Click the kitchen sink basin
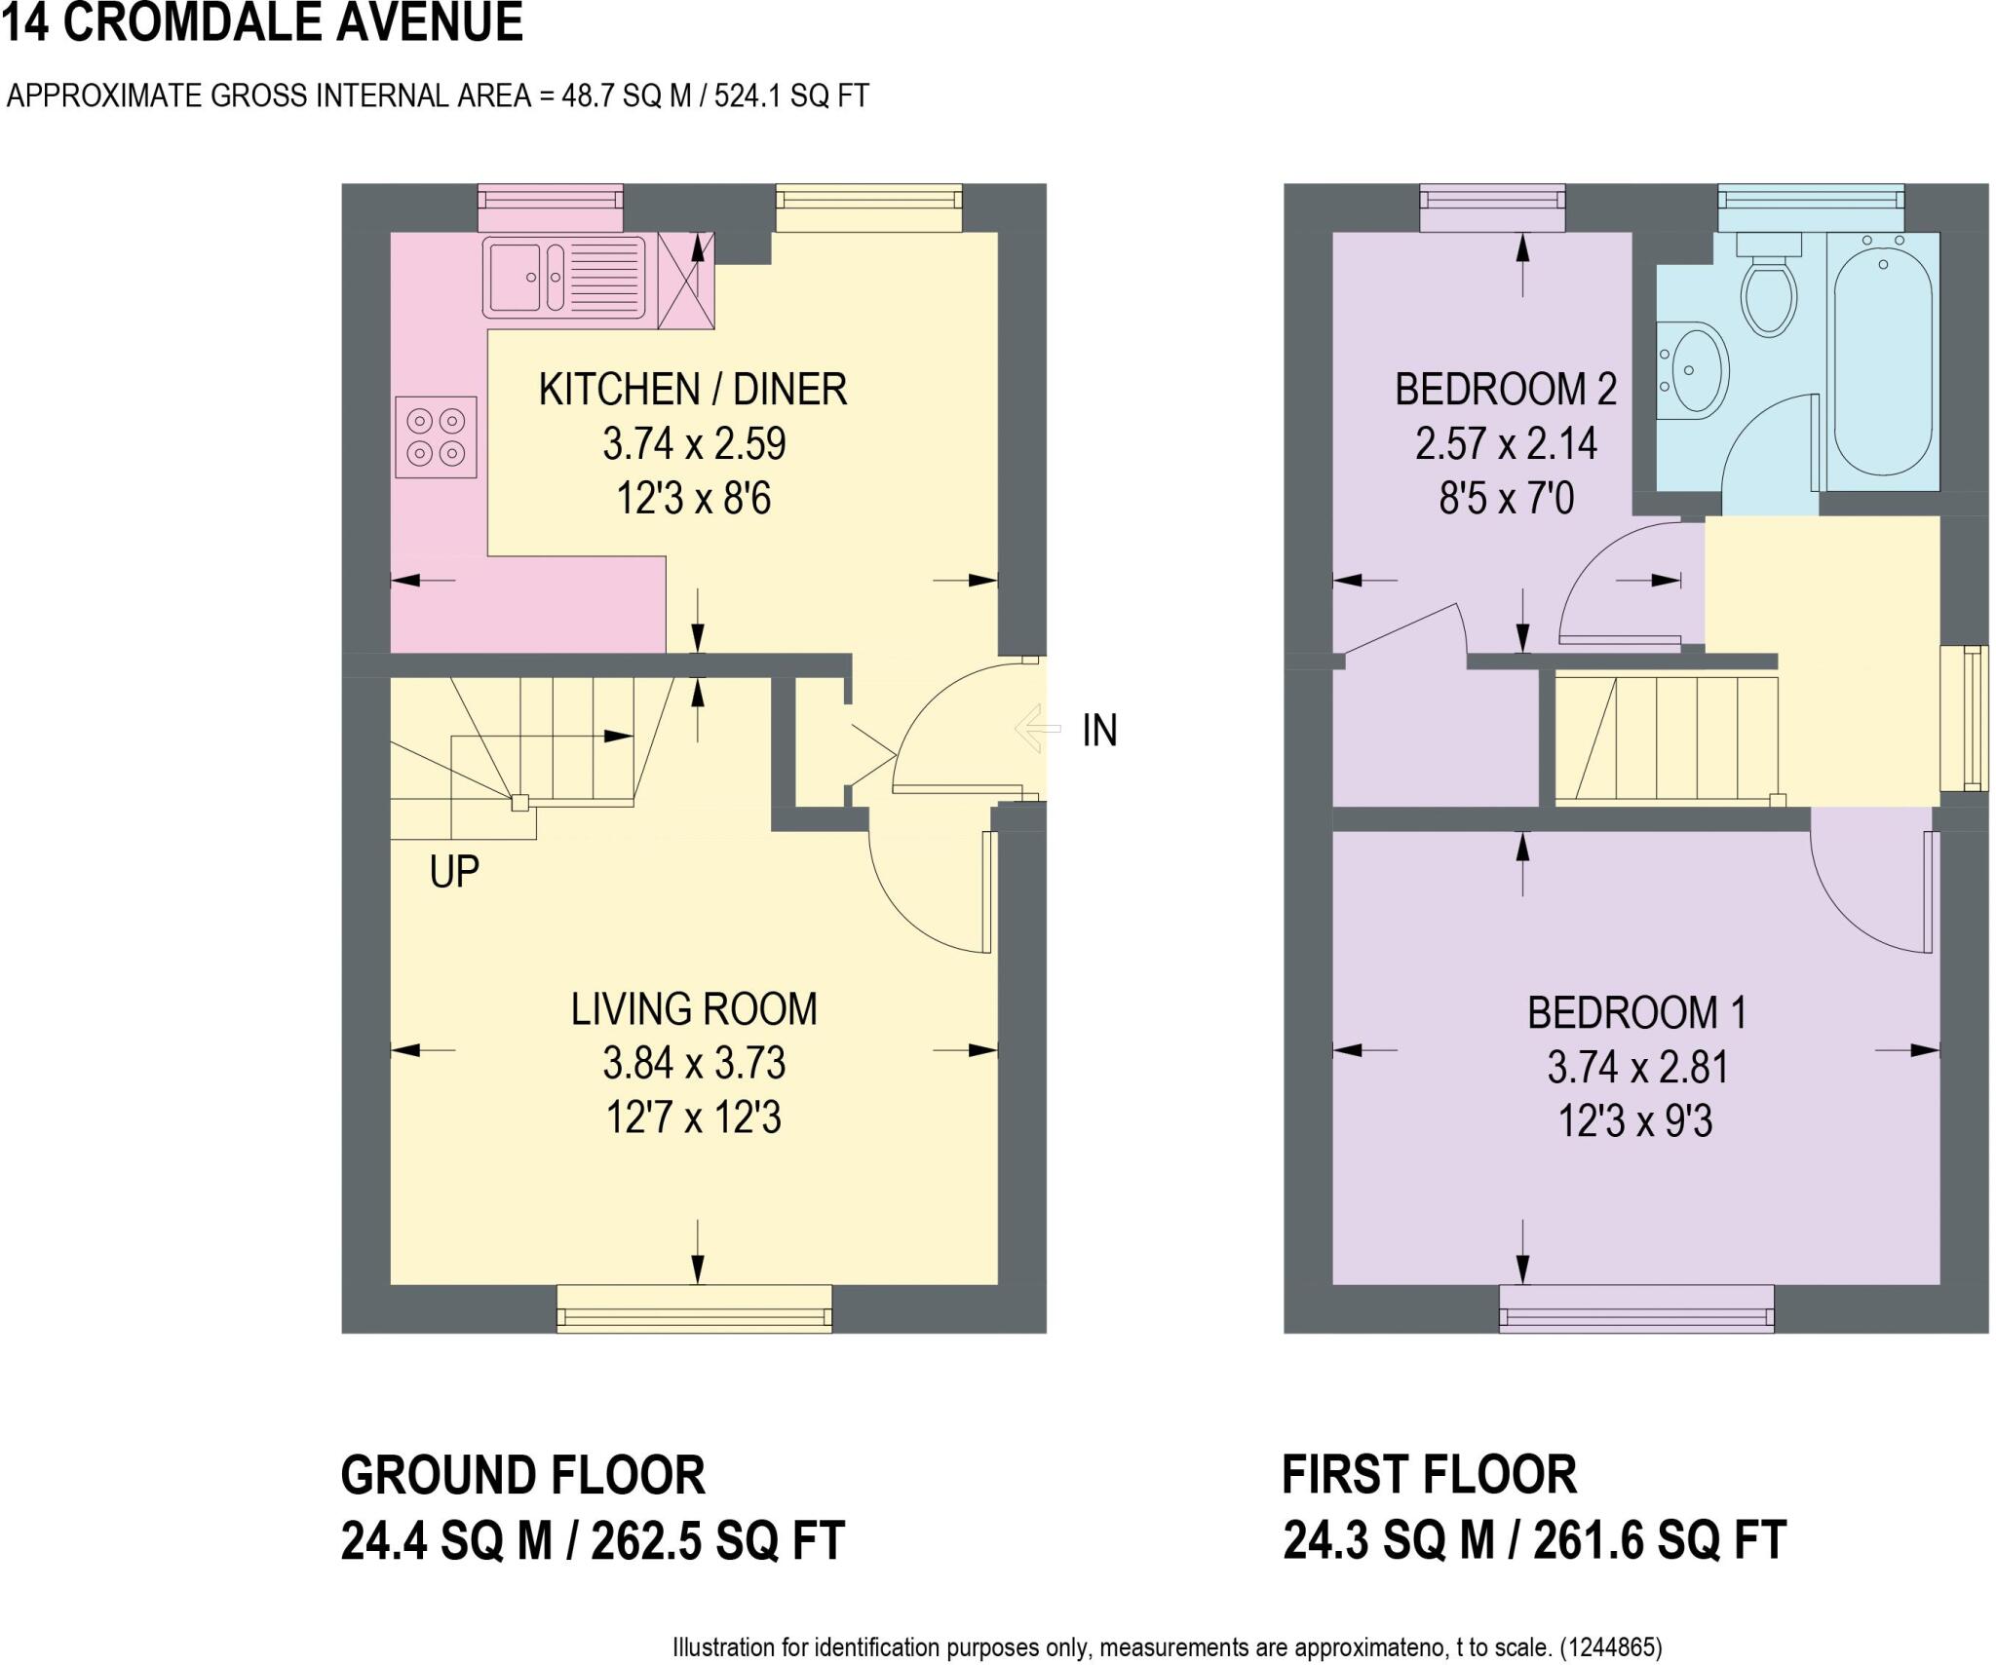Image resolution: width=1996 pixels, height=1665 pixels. (x=514, y=277)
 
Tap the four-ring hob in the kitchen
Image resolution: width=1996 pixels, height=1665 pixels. (x=436, y=436)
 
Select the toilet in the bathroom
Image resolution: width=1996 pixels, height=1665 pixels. (x=1768, y=290)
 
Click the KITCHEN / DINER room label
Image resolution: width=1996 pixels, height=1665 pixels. (x=692, y=390)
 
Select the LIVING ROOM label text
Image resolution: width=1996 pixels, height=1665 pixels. (x=693, y=1009)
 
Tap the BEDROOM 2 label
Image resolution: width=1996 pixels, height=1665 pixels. (x=1506, y=390)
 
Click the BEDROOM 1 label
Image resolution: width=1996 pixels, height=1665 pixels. (x=1636, y=1013)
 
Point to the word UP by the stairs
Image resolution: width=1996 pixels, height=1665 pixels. (x=454, y=872)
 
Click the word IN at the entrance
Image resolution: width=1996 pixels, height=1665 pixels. (x=1099, y=731)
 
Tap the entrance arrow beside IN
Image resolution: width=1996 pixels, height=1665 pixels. (x=1037, y=729)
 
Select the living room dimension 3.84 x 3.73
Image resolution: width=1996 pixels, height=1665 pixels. (x=693, y=1063)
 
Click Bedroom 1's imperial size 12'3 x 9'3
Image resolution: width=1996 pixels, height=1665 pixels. (x=1635, y=1122)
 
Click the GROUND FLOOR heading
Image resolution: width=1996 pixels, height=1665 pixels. (x=522, y=1475)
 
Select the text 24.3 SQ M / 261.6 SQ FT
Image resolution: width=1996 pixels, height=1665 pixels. (x=1534, y=1540)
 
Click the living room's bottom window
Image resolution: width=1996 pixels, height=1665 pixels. (x=694, y=1308)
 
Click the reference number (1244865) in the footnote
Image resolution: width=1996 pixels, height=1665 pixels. (x=1611, y=1647)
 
